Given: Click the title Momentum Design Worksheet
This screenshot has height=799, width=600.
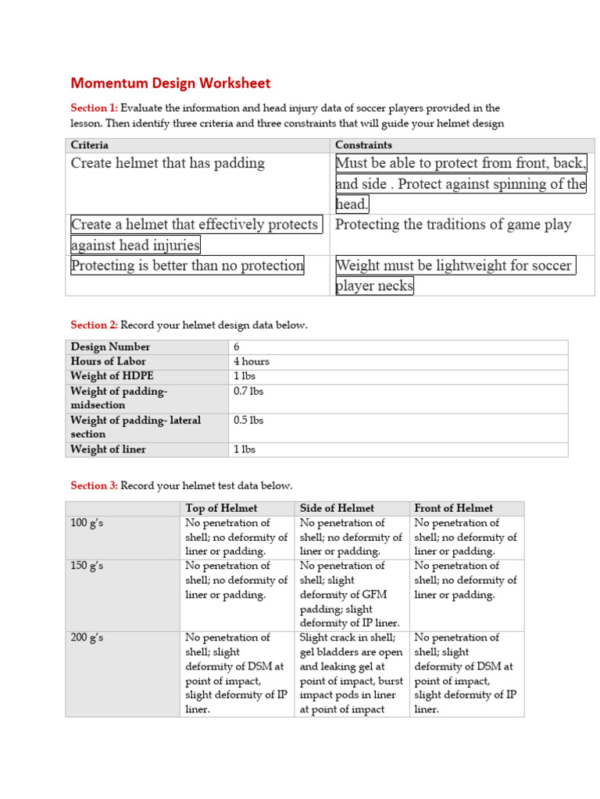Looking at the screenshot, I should pos(170,83).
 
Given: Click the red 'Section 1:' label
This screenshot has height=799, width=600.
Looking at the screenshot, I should pos(94,108).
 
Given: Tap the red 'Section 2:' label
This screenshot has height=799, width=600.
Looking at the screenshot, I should pos(94,325).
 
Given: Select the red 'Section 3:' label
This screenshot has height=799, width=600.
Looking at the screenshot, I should pos(94,485).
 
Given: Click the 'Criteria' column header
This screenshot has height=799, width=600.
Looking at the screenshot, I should pos(90,145).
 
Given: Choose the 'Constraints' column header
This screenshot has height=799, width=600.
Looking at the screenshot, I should pos(363,145).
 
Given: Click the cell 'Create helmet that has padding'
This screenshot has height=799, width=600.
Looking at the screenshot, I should pos(168,163).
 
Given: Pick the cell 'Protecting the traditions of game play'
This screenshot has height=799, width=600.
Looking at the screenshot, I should pos(453,225).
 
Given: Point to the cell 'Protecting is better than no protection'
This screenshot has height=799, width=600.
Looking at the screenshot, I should pos(187,265).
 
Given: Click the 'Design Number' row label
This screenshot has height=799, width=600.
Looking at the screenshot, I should pos(110,346).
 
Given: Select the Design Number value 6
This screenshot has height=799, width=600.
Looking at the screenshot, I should pos(237,346).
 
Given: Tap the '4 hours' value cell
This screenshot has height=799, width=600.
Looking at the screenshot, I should pos(252,361).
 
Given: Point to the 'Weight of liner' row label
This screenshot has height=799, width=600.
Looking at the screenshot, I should pos(108,449).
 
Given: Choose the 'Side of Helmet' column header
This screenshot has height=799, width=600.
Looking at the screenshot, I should pos(337,508).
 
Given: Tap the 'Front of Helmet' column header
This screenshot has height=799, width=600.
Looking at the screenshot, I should pos(454,508).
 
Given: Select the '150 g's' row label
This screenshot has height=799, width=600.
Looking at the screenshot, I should pos(87,566).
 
